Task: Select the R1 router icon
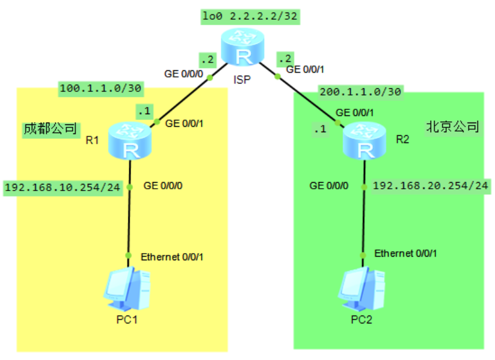pos(129,141)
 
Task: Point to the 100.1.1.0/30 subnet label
pos(100,88)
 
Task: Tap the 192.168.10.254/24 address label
pos(63,187)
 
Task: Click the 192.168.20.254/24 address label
pos(430,186)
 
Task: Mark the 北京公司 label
pos(452,127)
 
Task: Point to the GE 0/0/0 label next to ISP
pos(184,75)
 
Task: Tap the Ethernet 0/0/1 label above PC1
pos(172,257)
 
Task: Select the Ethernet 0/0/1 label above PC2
pos(405,254)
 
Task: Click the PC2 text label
pos(361,319)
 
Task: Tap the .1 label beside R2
pos(321,129)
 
